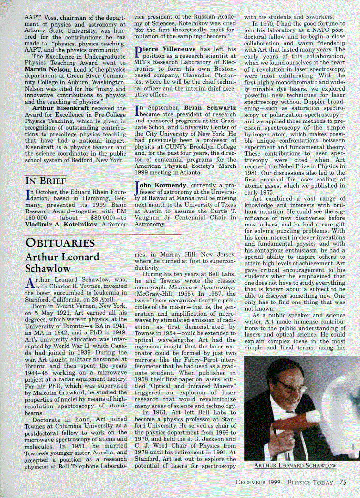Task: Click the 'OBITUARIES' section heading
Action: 60,243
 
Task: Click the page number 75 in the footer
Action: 343,482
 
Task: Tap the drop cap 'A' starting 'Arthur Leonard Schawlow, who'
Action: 29,284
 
